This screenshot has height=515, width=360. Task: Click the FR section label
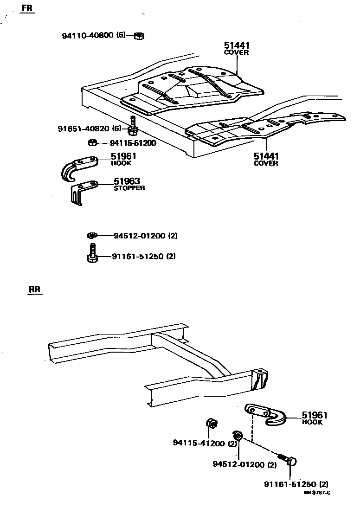(27, 9)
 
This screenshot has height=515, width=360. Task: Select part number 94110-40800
(88, 35)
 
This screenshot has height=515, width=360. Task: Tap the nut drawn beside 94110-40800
(138, 35)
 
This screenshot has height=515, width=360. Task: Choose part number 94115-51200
(133, 143)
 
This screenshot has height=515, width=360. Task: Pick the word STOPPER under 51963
(129, 188)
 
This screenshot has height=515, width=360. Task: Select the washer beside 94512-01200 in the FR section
(92, 236)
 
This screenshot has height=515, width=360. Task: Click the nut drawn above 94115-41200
(210, 424)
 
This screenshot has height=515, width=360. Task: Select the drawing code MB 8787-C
(317, 493)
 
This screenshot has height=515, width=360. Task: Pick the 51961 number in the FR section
(123, 156)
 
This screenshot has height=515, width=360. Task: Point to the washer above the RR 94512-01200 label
(238, 435)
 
